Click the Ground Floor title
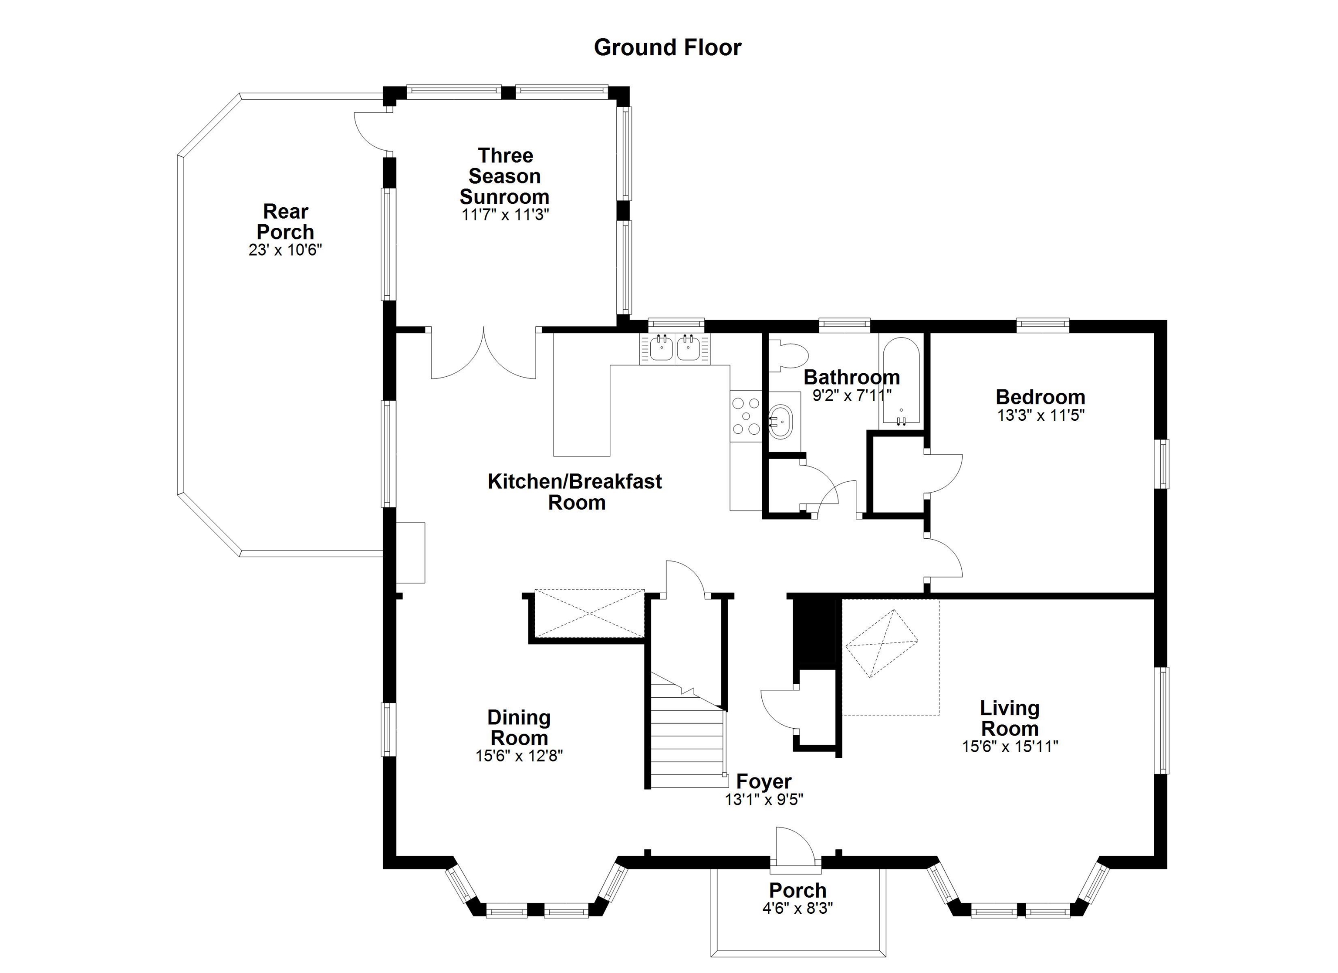pos(667,47)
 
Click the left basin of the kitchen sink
pos(662,348)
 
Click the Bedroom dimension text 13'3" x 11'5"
pos(1041,416)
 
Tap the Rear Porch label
pos(286,221)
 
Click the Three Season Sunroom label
pos(505,176)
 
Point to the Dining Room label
pos(519,727)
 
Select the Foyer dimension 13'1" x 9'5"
pos(764,800)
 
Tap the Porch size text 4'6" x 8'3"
pos(797,908)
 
